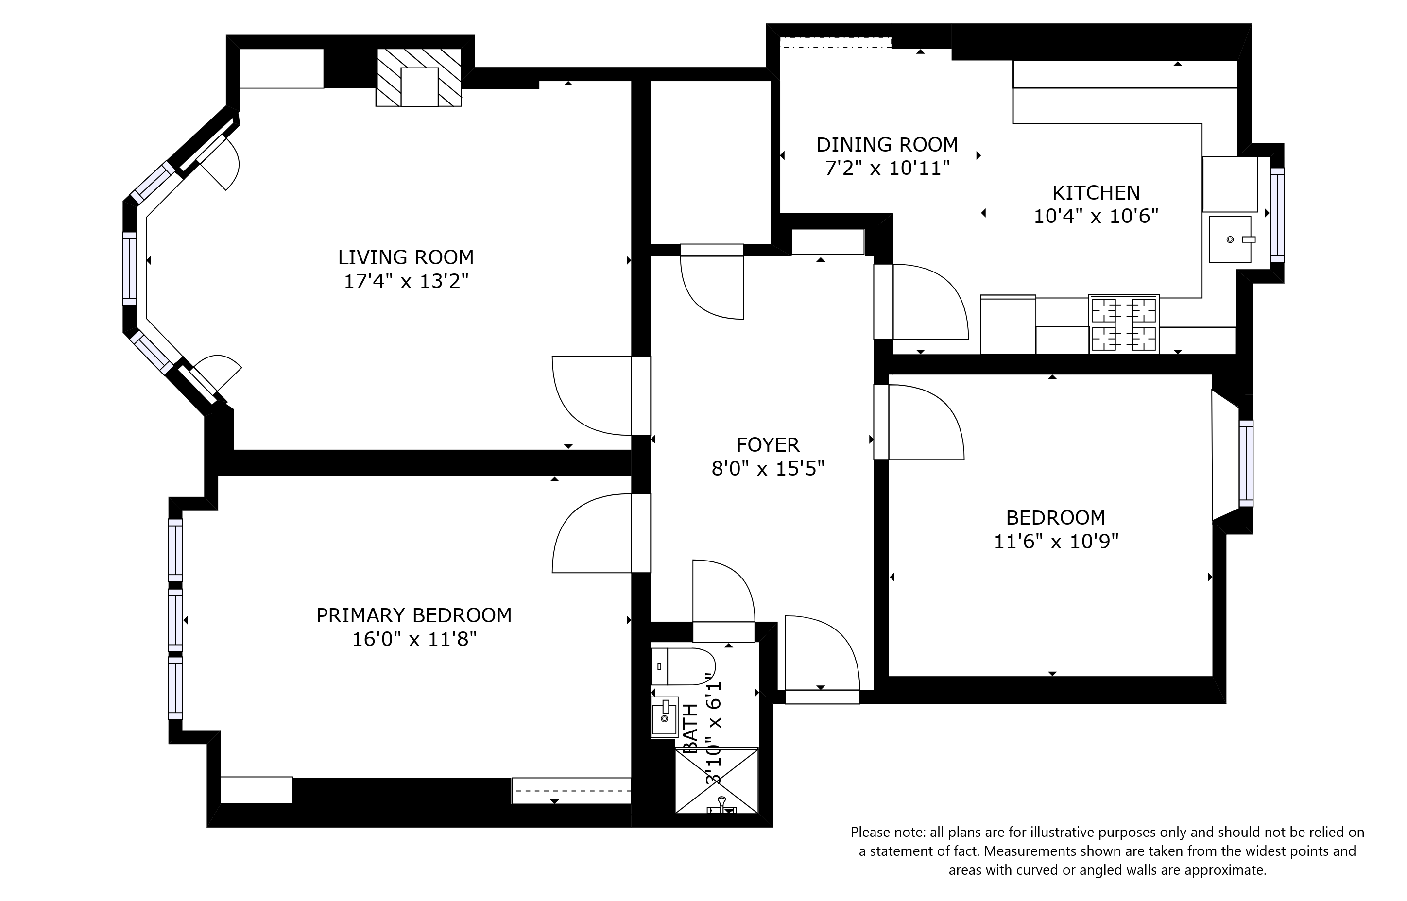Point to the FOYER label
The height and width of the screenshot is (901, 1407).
coord(768,445)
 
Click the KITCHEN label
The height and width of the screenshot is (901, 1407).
coord(1096,192)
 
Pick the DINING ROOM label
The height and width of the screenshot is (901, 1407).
coord(887,145)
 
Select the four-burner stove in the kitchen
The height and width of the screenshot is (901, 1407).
coord(1123,324)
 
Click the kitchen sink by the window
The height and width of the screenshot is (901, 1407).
coord(1230,239)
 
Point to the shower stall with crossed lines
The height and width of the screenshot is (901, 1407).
coord(716,781)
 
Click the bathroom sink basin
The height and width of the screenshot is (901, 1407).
coord(665,717)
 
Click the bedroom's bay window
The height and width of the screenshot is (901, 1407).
coord(1246,463)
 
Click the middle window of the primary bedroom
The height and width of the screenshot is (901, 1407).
coord(175,620)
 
